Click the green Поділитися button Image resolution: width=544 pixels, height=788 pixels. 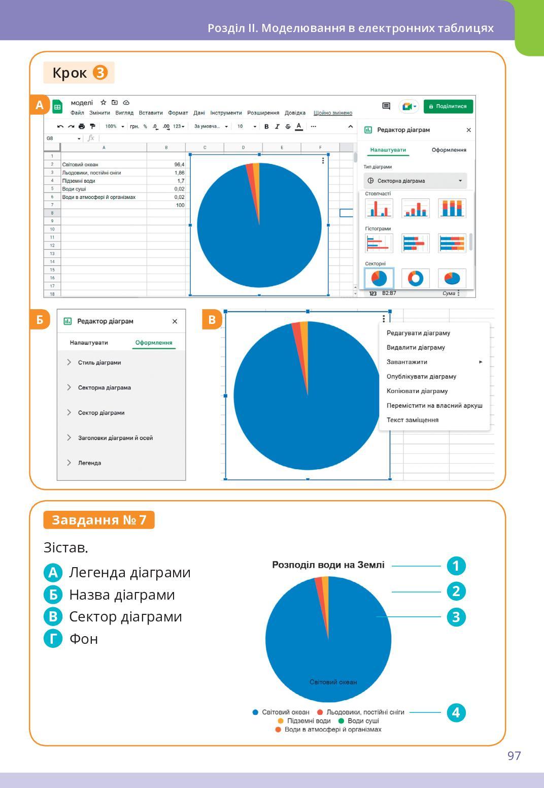click(x=448, y=106)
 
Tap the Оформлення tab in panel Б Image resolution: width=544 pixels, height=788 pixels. click(x=153, y=343)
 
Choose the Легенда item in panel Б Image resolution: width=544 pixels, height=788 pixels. click(x=89, y=463)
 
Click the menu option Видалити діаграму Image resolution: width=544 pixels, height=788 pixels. click(x=416, y=347)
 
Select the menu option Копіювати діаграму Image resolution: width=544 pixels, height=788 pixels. click(x=417, y=391)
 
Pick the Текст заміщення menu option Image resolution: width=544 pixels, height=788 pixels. click(x=413, y=420)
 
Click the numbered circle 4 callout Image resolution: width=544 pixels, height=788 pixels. click(x=456, y=712)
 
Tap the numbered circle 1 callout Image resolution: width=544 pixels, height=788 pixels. click(x=456, y=566)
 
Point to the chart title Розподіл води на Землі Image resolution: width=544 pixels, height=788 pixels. click(x=328, y=565)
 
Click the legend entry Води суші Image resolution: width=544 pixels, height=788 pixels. click(x=363, y=721)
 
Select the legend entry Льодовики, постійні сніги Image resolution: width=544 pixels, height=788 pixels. click(x=365, y=712)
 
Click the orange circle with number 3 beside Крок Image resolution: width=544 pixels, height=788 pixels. click(x=100, y=73)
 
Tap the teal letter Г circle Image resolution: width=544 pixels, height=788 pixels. click(x=53, y=639)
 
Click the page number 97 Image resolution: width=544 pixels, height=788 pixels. click(x=514, y=756)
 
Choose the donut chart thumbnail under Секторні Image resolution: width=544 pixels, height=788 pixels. click(x=415, y=278)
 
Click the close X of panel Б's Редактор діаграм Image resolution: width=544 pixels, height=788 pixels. click(x=175, y=321)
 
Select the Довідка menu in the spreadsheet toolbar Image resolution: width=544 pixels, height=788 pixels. click(x=295, y=113)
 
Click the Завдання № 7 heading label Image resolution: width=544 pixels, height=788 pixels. click(x=99, y=520)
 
